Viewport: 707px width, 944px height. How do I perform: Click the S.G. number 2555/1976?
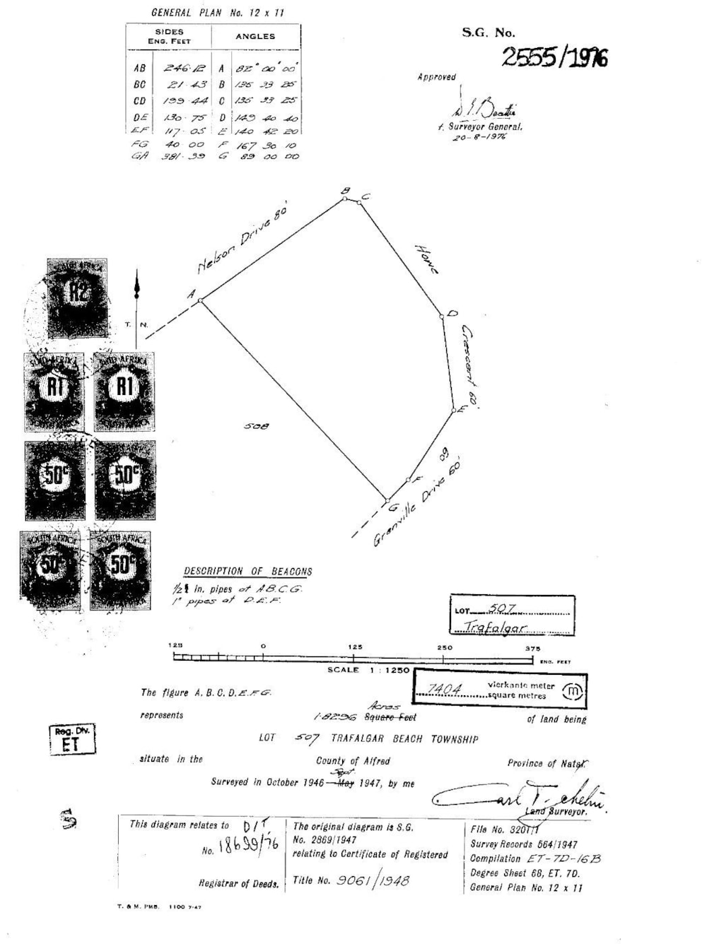[554, 57]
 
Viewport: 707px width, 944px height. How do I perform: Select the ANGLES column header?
[255, 36]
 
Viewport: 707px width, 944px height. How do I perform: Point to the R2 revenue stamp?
[77, 297]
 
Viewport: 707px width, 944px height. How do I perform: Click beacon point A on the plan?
[201, 301]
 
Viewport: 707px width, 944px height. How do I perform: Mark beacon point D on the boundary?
[442, 316]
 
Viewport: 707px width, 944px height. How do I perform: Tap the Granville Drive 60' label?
[418, 502]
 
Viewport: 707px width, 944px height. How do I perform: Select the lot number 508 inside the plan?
[256, 426]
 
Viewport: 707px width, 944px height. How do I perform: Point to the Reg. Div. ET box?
[71, 739]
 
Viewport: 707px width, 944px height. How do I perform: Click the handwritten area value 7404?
[445, 689]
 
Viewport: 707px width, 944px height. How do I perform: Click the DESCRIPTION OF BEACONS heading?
[248, 571]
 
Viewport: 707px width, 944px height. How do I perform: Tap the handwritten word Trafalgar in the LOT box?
[495, 627]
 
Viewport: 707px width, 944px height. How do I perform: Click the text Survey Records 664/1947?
[524, 844]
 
